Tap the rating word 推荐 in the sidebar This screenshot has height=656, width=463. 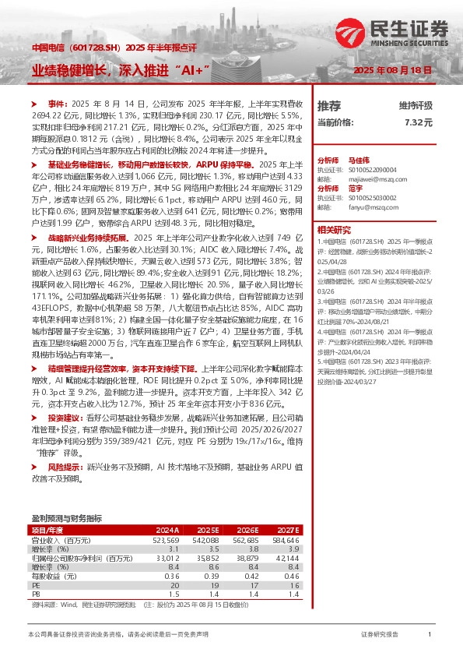tap(328, 105)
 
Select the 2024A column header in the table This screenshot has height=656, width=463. tap(167, 529)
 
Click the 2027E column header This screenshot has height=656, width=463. tap(288, 529)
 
